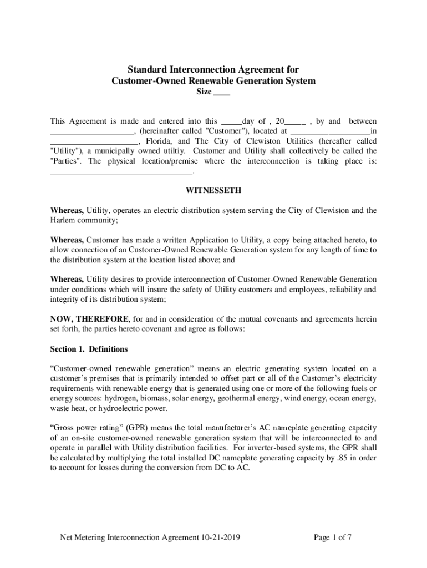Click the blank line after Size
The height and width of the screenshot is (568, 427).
[222, 93]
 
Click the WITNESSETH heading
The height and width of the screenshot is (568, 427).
[213, 191]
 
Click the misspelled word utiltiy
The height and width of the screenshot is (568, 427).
[172, 151]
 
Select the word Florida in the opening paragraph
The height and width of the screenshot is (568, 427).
[154, 141]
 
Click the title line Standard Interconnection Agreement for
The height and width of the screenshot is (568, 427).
[213, 69]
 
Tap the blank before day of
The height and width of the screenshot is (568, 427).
[231, 121]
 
